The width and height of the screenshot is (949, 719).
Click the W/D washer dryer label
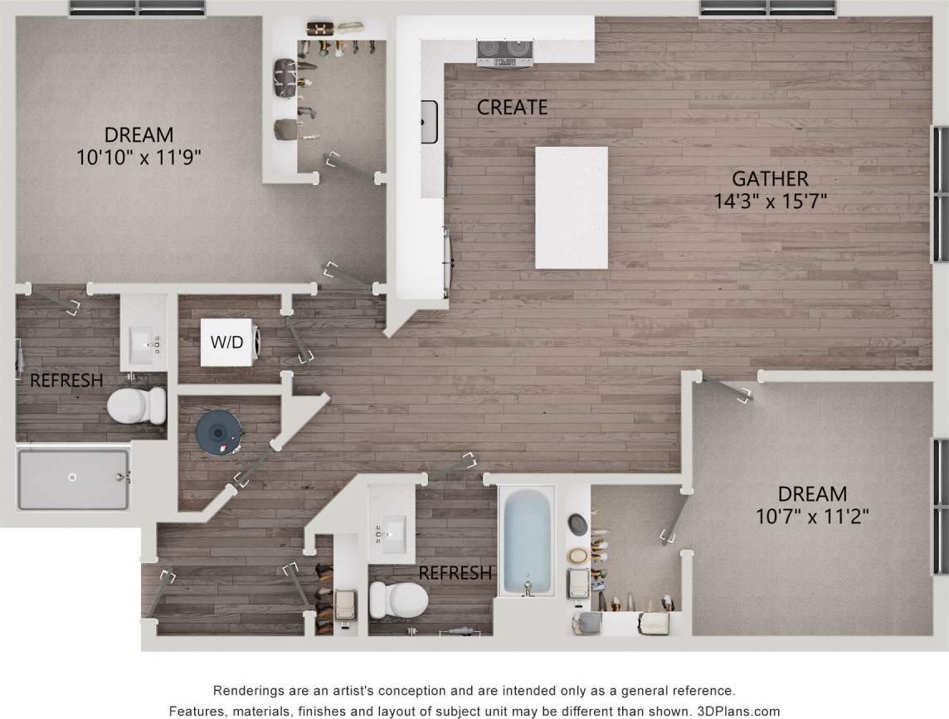tap(226, 342)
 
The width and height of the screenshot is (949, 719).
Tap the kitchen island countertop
tap(571, 206)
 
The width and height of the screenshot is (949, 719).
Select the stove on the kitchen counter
tap(504, 52)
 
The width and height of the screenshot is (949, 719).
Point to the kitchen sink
tap(429, 121)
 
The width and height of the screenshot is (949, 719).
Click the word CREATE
tap(513, 107)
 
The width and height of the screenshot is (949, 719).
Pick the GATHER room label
tap(769, 178)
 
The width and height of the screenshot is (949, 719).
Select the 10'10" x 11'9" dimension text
tap(139, 157)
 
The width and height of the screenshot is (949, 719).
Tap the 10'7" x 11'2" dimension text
tap(812, 517)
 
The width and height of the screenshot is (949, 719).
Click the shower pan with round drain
tap(73, 479)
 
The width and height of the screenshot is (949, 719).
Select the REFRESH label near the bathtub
tap(455, 573)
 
